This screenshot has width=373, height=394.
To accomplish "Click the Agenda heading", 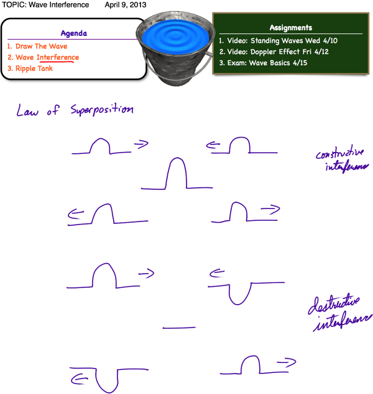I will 74,34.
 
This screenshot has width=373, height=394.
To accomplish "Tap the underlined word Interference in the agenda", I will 58,58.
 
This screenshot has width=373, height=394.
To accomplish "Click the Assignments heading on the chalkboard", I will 290,27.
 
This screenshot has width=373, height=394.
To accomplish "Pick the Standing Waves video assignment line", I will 287,40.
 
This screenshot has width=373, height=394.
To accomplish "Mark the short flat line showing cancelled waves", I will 179,328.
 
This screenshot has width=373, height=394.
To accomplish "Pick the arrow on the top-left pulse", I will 142,145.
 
